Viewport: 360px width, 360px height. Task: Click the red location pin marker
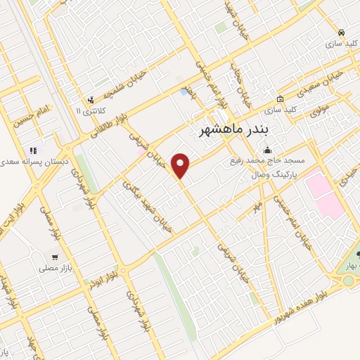[x=182, y=165]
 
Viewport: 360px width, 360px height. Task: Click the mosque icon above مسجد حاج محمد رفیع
[x=267, y=150]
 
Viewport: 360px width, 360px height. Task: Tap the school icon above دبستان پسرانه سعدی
[x=32, y=150]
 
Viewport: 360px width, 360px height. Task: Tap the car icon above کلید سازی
[x=341, y=32]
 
